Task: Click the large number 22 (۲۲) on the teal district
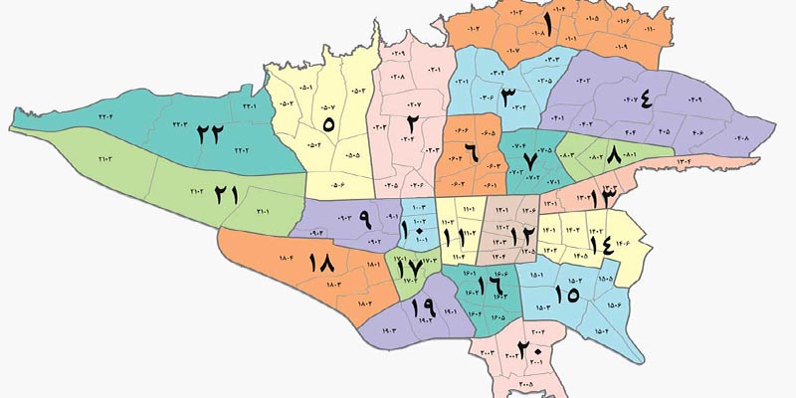pyautogui.click(x=209, y=132)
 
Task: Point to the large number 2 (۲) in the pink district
pyautogui.click(x=410, y=123)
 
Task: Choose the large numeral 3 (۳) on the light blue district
pyautogui.click(x=508, y=98)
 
